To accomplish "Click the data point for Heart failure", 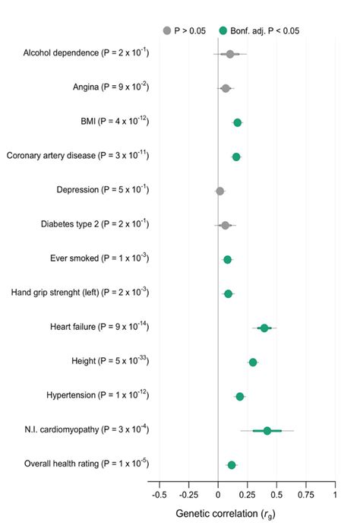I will [x=264, y=328].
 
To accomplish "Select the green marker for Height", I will [x=253, y=362].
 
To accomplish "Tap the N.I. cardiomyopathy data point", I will [x=267, y=430].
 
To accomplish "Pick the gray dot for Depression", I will [x=220, y=191].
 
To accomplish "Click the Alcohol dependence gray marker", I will [x=230, y=54].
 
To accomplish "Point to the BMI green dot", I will [x=238, y=122].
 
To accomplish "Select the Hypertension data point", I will [x=240, y=396].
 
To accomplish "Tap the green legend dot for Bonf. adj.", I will [x=223, y=30].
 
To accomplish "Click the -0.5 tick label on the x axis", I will [x=159, y=494].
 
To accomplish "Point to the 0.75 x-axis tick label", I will [x=305, y=494].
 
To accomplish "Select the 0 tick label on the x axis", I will [x=218, y=494].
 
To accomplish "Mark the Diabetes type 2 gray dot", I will [x=225, y=225].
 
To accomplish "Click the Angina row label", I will [x=113, y=87].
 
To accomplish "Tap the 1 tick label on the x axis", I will [x=335, y=494].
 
